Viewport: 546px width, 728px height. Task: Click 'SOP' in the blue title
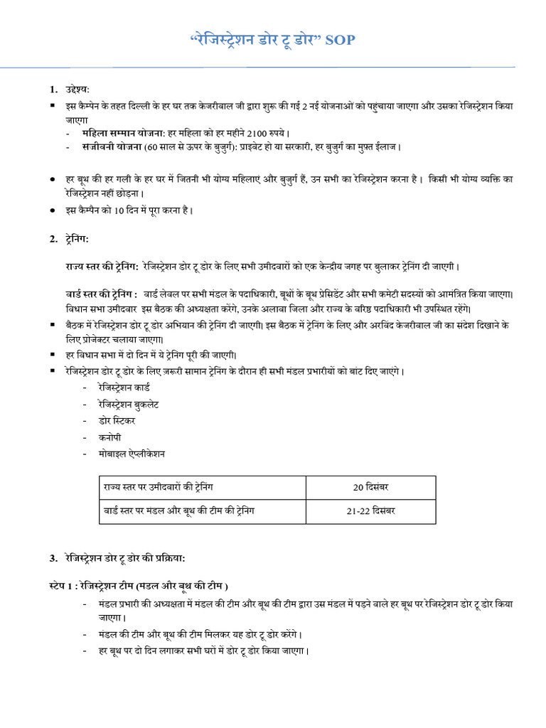(340, 41)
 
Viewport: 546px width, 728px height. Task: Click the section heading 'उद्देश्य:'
(75, 90)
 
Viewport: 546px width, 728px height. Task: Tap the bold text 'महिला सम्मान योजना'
(123, 133)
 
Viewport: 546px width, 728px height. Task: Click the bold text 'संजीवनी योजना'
(112, 147)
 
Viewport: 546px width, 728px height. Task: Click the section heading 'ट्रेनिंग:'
(77, 239)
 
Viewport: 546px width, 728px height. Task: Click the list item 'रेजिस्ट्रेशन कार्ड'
(124, 388)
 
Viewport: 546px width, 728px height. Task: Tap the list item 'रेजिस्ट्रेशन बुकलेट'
(129, 405)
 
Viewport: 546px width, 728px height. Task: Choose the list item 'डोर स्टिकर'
(117, 421)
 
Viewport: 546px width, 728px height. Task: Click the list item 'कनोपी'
(111, 437)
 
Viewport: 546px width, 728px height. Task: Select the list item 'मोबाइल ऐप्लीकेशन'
(132, 454)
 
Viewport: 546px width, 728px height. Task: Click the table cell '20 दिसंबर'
(370, 488)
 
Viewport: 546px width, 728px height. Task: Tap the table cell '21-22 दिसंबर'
(370, 512)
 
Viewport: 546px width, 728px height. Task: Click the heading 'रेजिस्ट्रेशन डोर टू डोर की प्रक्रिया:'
(125, 557)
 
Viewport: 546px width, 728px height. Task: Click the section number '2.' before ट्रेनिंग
(53, 239)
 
